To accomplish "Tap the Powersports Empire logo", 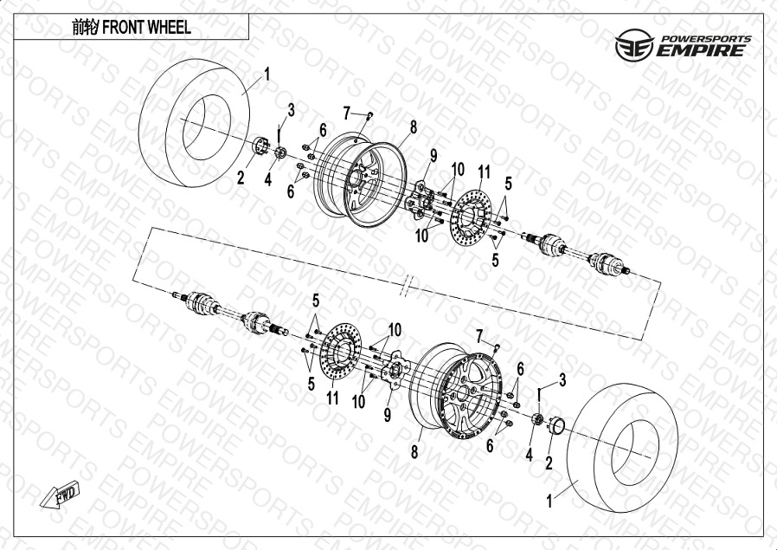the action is pos(683,45).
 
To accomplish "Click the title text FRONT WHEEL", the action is pos(146,27).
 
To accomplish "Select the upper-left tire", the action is pos(194,123).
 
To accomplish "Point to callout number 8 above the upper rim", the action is pos(414,127).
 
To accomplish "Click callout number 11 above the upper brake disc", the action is pos(485,172).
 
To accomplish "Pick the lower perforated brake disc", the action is pos(340,352).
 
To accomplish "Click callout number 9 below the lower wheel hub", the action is pos(388,415).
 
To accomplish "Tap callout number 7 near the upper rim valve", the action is pos(347,113).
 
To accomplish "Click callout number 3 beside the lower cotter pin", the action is pos(562,380).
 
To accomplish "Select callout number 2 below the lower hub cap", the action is pos(549,463).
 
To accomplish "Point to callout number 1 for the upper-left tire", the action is pos(267,74).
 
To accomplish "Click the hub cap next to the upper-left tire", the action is pos(260,146).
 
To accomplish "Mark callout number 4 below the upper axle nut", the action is pos(267,179).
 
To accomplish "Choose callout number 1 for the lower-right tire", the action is pos(549,501).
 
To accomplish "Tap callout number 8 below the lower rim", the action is pos(414,452).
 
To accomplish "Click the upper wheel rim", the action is pos(360,179).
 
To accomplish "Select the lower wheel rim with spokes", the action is pos(456,391).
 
